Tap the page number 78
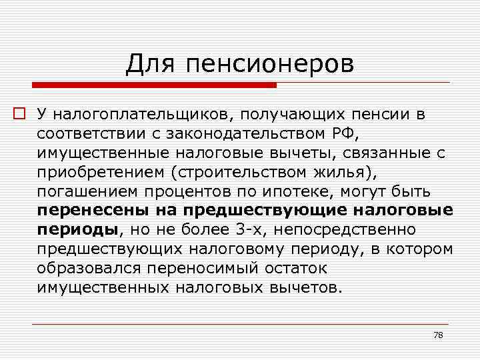(x=438, y=335)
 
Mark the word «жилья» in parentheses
(x=344, y=172)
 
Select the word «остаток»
(x=291, y=269)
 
